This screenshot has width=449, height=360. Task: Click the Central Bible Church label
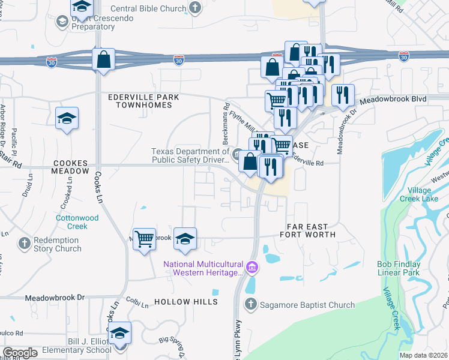coord(148,8)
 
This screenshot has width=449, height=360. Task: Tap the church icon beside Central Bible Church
coord(194,8)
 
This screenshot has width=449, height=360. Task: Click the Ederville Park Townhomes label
coord(139,101)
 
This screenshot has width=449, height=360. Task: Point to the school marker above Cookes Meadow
coord(67,118)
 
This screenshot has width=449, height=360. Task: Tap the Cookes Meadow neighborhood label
coord(70,167)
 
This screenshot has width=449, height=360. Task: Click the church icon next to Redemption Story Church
coord(24,244)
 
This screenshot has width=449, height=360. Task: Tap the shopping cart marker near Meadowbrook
coord(144,239)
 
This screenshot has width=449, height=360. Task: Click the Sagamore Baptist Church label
coord(307,305)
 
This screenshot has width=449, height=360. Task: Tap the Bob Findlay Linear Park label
coord(407,268)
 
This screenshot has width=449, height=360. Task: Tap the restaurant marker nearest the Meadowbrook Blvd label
coord(343,95)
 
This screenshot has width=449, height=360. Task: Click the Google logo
coord(20,353)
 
